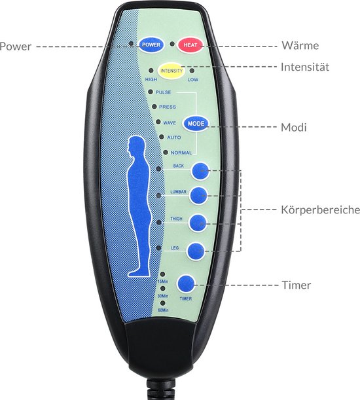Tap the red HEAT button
190,45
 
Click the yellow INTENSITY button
171,71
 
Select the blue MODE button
196,124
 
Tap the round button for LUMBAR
198,195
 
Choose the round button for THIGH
198,223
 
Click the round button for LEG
196,251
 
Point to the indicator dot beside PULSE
151,92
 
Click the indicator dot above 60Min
162,303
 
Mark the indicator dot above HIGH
151,71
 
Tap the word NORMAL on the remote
181,153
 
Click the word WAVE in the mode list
170,123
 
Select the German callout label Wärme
300,45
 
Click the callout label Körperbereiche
321,209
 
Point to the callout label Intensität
305,67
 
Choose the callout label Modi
294,127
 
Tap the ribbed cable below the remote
162,390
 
